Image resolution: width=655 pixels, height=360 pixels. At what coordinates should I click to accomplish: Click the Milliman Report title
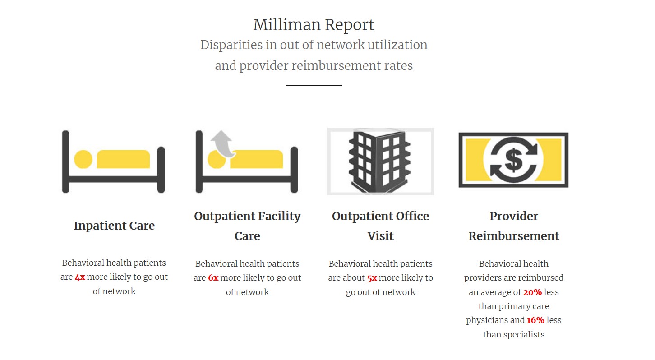(314, 25)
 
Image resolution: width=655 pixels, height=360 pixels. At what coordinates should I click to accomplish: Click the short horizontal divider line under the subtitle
(314, 85)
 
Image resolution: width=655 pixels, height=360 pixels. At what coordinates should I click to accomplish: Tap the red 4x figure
(80, 277)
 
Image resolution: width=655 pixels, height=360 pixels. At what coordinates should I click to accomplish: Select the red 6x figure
(213, 278)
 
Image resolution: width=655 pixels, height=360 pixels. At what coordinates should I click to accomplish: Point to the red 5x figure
(372, 278)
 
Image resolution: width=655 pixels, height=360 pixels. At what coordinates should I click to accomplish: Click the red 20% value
(532, 292)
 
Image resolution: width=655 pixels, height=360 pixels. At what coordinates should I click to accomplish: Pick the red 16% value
(535, 320)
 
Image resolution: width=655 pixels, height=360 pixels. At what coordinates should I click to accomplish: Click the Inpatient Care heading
(114, 226)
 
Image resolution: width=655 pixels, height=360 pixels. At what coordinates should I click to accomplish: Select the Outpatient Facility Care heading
(247, 226)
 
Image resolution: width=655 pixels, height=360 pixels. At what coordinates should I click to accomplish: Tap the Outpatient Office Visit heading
(380, 226)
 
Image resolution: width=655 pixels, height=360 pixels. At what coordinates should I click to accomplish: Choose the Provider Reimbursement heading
(513, 226)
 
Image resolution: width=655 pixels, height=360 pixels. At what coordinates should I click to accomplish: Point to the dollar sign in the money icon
(513, 160)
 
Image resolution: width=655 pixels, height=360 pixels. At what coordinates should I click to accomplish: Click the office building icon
(380, 161)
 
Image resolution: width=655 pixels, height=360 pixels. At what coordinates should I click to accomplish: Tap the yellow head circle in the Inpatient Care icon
(83, 159)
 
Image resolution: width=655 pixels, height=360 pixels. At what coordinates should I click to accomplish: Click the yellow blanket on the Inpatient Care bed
(123, 159)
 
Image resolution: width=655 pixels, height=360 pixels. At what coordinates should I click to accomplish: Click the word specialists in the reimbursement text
(513, 335)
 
